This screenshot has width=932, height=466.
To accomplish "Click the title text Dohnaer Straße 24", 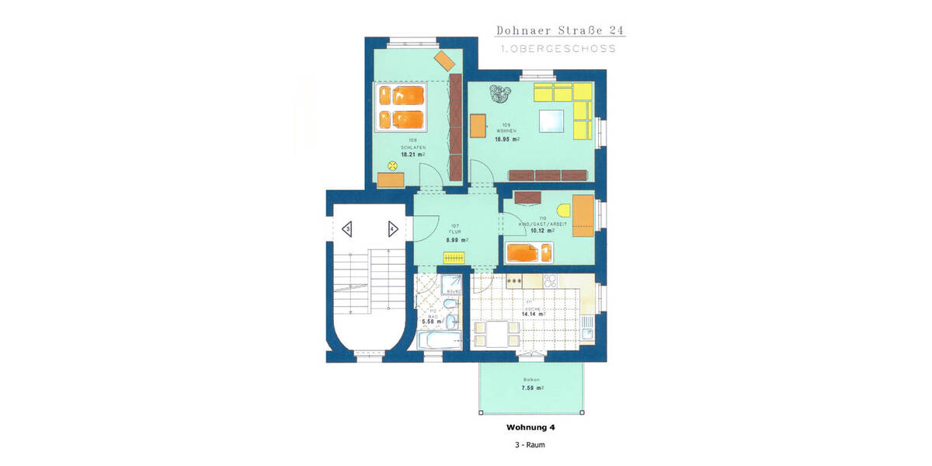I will click(560, 30).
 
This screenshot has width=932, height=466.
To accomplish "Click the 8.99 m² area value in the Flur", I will click(456, 240).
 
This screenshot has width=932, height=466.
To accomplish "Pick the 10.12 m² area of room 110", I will click(541, 231).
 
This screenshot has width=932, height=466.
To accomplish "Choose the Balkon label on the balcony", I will click(530, 379).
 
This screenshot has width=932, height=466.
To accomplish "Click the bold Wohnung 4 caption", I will click(530, 427).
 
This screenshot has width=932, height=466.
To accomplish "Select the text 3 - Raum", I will click(530, 445).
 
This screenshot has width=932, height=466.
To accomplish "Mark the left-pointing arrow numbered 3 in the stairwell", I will click(346, 229).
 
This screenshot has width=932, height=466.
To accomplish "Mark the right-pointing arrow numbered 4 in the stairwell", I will click(393, 229).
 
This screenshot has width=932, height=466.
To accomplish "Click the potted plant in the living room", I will click(497, 96).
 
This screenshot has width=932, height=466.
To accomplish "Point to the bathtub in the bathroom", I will click(440, 340).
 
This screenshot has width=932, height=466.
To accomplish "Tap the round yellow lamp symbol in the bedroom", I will click(391, 165).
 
